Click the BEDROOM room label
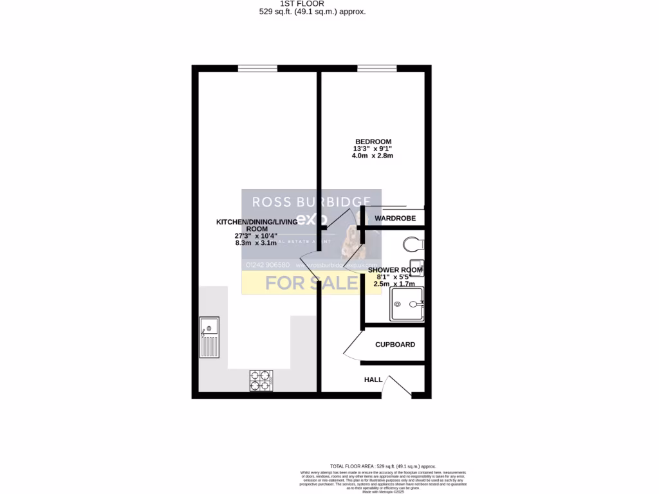point(373,142)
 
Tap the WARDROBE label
point(395,219)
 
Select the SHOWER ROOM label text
point(395,270)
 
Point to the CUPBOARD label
point(395,345)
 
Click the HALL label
point(373,380)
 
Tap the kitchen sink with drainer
point(209,337)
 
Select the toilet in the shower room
point(412,244)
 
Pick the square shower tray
point(407,304)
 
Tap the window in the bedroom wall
point(377,68)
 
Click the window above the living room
point(257,68)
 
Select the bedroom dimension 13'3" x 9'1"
point(373,149)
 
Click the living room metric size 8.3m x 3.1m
point(255,243)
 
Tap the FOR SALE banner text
point(311,283)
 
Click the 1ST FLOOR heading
point(312,3)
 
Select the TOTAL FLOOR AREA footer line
point(382,466)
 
